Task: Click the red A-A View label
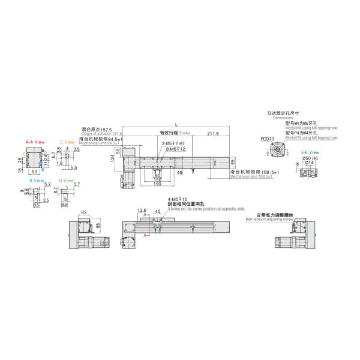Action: (35, 142)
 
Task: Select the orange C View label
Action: (67, 142)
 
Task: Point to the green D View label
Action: (67, 180)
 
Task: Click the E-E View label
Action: (309, 153)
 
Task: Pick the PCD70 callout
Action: (268, 139)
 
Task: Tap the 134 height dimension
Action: (112, 157)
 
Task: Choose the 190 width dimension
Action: (157, 184)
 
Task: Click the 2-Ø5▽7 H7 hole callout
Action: (171, 143)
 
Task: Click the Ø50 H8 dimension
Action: (311, 158)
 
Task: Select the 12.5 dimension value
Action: (142, 210)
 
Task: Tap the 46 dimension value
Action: (180, 173)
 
